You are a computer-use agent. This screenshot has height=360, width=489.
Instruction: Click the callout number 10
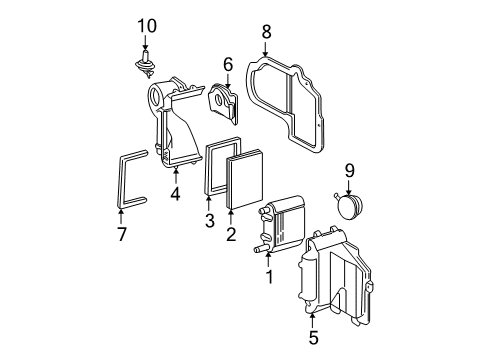coord(147,24)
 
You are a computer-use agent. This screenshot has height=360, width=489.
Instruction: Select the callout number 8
coord(266,32)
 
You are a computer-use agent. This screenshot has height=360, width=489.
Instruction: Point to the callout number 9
coord(349,170)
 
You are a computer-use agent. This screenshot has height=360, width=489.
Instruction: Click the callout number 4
coord(175,194)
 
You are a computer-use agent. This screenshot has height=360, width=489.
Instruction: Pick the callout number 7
coord(122,233)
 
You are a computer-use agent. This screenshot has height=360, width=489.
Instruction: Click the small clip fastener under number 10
coord(146,66)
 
